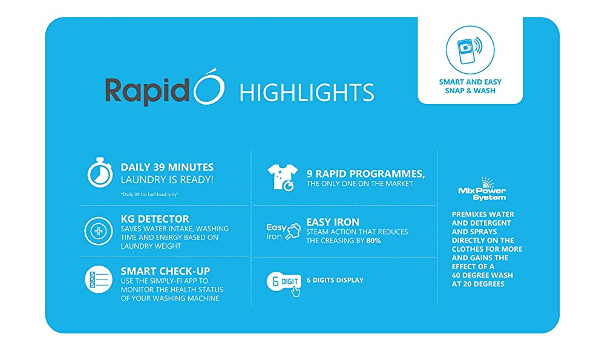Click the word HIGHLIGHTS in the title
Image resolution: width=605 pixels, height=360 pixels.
(307, 93)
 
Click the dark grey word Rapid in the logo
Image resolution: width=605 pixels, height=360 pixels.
(148, 91)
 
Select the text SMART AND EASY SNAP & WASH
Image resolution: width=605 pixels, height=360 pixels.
(470, 87)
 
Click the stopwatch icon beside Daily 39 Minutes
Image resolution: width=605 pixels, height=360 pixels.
(100, 173)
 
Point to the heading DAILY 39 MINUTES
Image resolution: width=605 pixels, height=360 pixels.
(167, 167)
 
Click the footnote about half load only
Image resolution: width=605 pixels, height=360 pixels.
(149, 194)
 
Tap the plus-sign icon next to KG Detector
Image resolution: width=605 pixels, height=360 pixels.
(99, 231)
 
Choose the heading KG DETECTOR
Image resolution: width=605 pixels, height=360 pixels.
(155, 219)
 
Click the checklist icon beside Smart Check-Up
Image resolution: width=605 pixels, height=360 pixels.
(99, 280)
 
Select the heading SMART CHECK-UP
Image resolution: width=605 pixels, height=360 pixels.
(166, 271)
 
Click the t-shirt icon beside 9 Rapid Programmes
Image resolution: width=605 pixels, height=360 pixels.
(283, 177)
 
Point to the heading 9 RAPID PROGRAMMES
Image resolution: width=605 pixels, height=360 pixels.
(365, 174)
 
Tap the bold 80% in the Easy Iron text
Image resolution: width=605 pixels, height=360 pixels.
(373, 241)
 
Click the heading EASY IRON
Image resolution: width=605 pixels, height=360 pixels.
(333, 222)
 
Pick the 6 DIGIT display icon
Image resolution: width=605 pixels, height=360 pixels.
(284, 284)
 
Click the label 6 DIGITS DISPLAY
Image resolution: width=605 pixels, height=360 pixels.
(335, 280)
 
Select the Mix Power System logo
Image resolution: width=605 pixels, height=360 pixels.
(482, 189)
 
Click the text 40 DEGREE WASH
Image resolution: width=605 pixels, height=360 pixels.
(482, 275)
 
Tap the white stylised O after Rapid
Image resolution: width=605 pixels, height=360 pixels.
(209, 88)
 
